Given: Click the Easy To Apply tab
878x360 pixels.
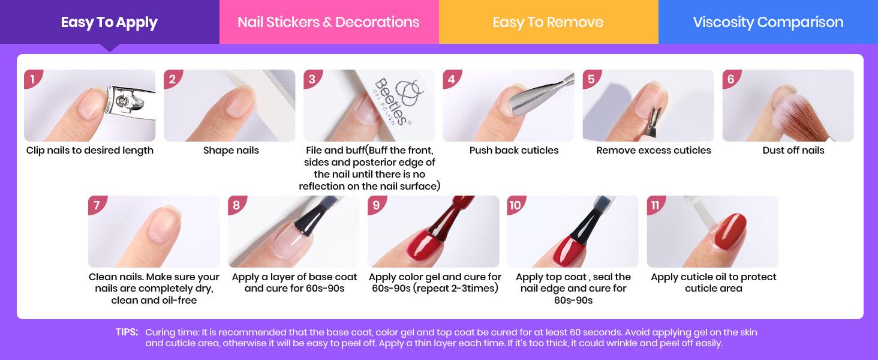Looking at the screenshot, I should [x=109, y=23].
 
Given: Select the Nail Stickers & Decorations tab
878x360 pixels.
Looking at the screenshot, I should [x=329, y=23].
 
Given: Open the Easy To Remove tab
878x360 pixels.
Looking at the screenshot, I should [x=548, y=23].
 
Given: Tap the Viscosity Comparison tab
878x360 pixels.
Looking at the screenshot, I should [x=768, y=23].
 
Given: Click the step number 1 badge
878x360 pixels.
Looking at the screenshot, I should [x=33, y=79].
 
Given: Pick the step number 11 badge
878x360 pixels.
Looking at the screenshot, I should [x=656, y=205].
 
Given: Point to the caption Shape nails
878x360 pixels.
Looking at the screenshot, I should [x=231, y=151].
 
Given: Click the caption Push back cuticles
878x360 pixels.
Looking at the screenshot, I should [x=514, y=151].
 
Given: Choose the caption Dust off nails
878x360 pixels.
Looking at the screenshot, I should [x=793, y=151].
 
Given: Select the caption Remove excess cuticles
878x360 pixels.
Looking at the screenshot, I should [x=654, y=151].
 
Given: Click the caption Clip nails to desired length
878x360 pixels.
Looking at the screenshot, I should [x=90, y=151].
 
